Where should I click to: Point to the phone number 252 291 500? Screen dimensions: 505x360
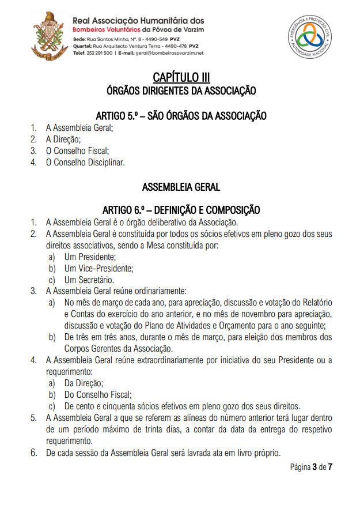pyautogui.click(x=99, y=52)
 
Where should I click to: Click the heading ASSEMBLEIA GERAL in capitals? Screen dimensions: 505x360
pyautogui.click(x=181, y=187)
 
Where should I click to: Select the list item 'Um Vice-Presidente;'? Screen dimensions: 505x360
pyautogui.click(x=98, y=268)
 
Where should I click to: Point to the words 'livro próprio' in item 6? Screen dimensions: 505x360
pyautogui.click(x=256, y=453)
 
